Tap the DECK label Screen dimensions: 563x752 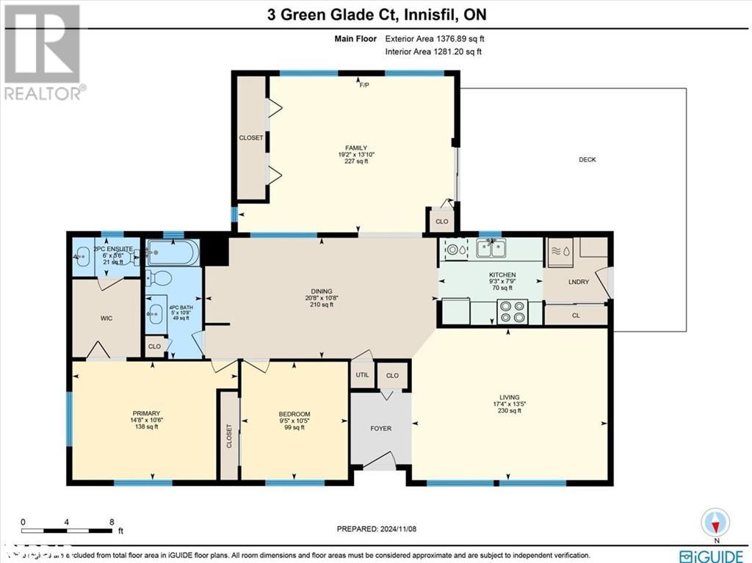click(x=587, y=159)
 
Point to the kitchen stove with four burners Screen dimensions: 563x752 click(x=512, y=313)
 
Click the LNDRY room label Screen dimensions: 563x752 click(x=578, y=282)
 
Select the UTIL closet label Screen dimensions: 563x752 click(x=362, y=375)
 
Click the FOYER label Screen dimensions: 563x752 click(x=380, y=428)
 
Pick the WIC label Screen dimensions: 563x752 click(x=106, y=319)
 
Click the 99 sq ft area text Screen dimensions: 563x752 click(x=294, y=427)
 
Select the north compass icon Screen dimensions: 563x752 click(x=716, y=522)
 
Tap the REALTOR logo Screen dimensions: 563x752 click(x=43, y=51)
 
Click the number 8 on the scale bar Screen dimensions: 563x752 click(x=112, y=522)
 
